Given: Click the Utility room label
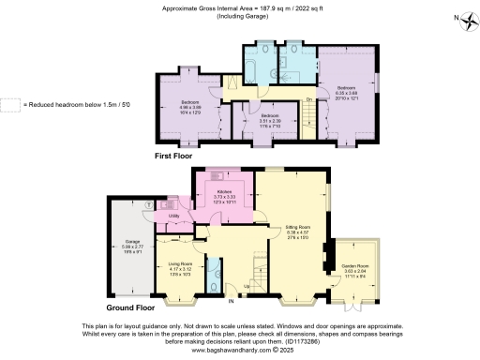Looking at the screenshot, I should coord(173,217).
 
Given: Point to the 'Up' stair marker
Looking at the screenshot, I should coord(247,286).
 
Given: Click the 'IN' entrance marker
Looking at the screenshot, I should coord(231,302).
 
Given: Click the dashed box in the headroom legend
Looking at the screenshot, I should coord(9,104).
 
